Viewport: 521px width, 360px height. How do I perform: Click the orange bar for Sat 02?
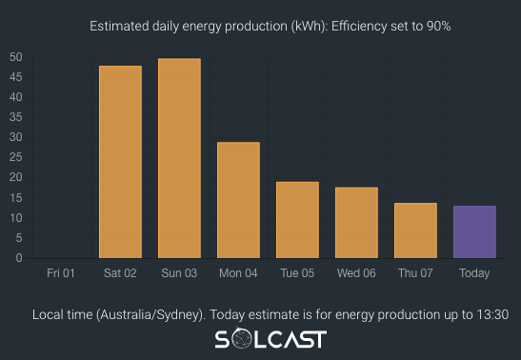click(x=120, y=162)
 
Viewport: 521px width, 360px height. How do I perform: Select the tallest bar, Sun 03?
click(x=179, y=158)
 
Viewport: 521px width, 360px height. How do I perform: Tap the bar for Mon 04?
click(x=238, y=200)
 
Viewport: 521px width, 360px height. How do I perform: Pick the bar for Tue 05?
click(x=297, y=220)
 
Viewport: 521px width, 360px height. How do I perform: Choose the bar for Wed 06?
click(x=356, y=223)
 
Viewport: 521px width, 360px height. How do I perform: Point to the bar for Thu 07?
click(x=415, y=230)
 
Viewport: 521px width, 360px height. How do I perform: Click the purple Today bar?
click(x=474, y=231)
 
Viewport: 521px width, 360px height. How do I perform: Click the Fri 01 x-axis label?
click(x=61, y=273)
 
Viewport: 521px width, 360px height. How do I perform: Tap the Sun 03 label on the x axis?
click(x=179, y=273)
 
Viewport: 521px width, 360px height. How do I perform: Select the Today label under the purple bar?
click(x=474, y=273)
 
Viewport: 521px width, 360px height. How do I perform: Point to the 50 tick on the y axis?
click(x=16, y=57)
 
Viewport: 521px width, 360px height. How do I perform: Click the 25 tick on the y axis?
click(x=16, y=157)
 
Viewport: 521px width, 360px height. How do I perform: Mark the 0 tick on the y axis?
click(x=19, y=258)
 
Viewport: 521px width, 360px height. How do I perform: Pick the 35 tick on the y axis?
click(x=16, y=117)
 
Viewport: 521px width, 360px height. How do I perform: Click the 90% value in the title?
click(x=437, y=26)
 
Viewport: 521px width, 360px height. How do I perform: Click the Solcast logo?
click(x=270, y=340)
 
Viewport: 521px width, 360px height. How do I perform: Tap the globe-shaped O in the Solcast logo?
click(x=245, y=340)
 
